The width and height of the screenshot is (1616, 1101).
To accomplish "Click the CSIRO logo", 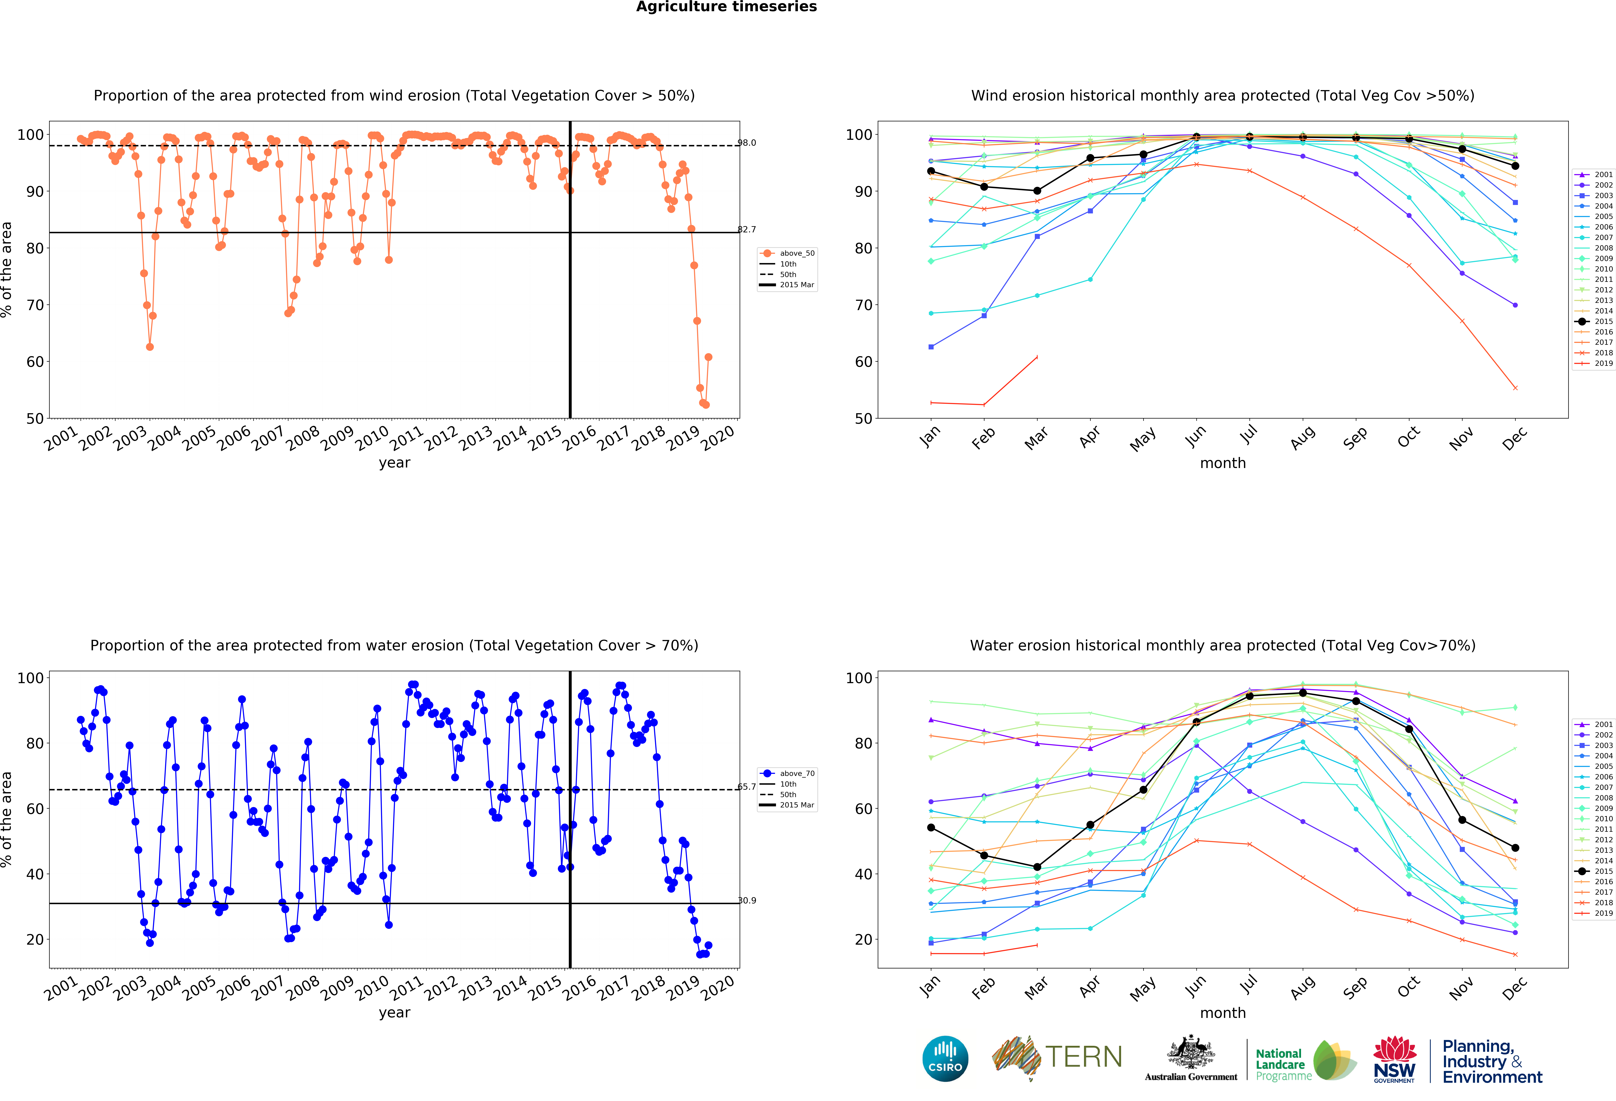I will tap(945, 1059).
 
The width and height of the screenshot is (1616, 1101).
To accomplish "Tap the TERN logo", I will tap(1057, 1057).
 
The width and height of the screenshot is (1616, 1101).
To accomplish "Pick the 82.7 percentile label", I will tap(747, 229).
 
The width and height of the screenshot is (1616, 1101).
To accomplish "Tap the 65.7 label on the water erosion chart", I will tap(747, 787).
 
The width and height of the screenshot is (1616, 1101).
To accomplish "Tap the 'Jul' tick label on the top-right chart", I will tap(1249, 436).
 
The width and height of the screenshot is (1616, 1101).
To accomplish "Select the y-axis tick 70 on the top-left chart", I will tap(35, 305).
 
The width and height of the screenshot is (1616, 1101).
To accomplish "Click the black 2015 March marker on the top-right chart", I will tap(1037, 190).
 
